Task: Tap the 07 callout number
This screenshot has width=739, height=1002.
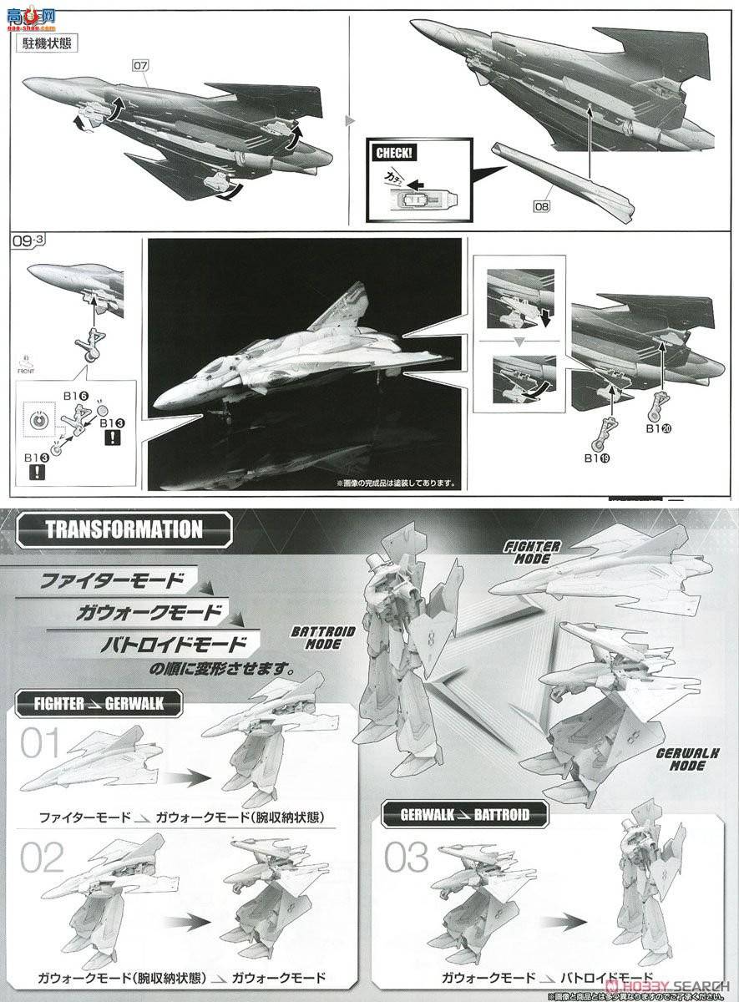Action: pos(138,63)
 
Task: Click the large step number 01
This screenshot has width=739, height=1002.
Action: pos(40,744)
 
